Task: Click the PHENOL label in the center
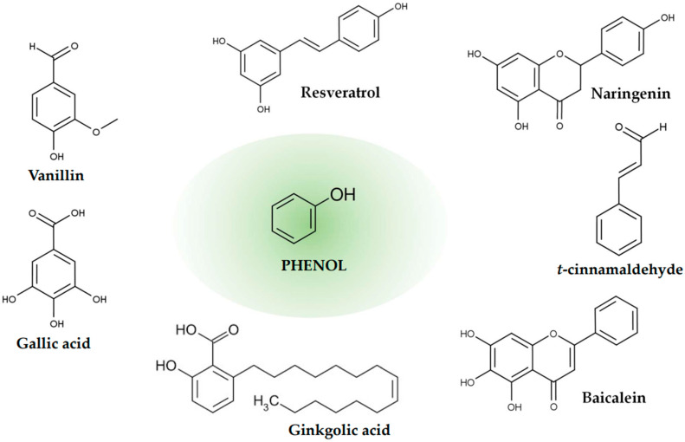tap(313, 265)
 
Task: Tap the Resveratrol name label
tap(340, 92)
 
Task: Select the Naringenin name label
tap(630, 94)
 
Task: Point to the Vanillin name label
tap(56, 175)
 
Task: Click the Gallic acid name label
tap(54, 342)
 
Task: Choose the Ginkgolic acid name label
tap(339, 430)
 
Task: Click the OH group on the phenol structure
tap(343, 194)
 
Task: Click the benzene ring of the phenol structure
tap(293, 218)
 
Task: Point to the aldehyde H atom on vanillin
tap(32, 46)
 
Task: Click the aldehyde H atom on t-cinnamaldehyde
tap(663, 127)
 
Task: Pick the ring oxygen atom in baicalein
tap(553, 335)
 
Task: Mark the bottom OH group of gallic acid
tap(57, 323)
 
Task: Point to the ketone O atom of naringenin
tap(559, 127)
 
